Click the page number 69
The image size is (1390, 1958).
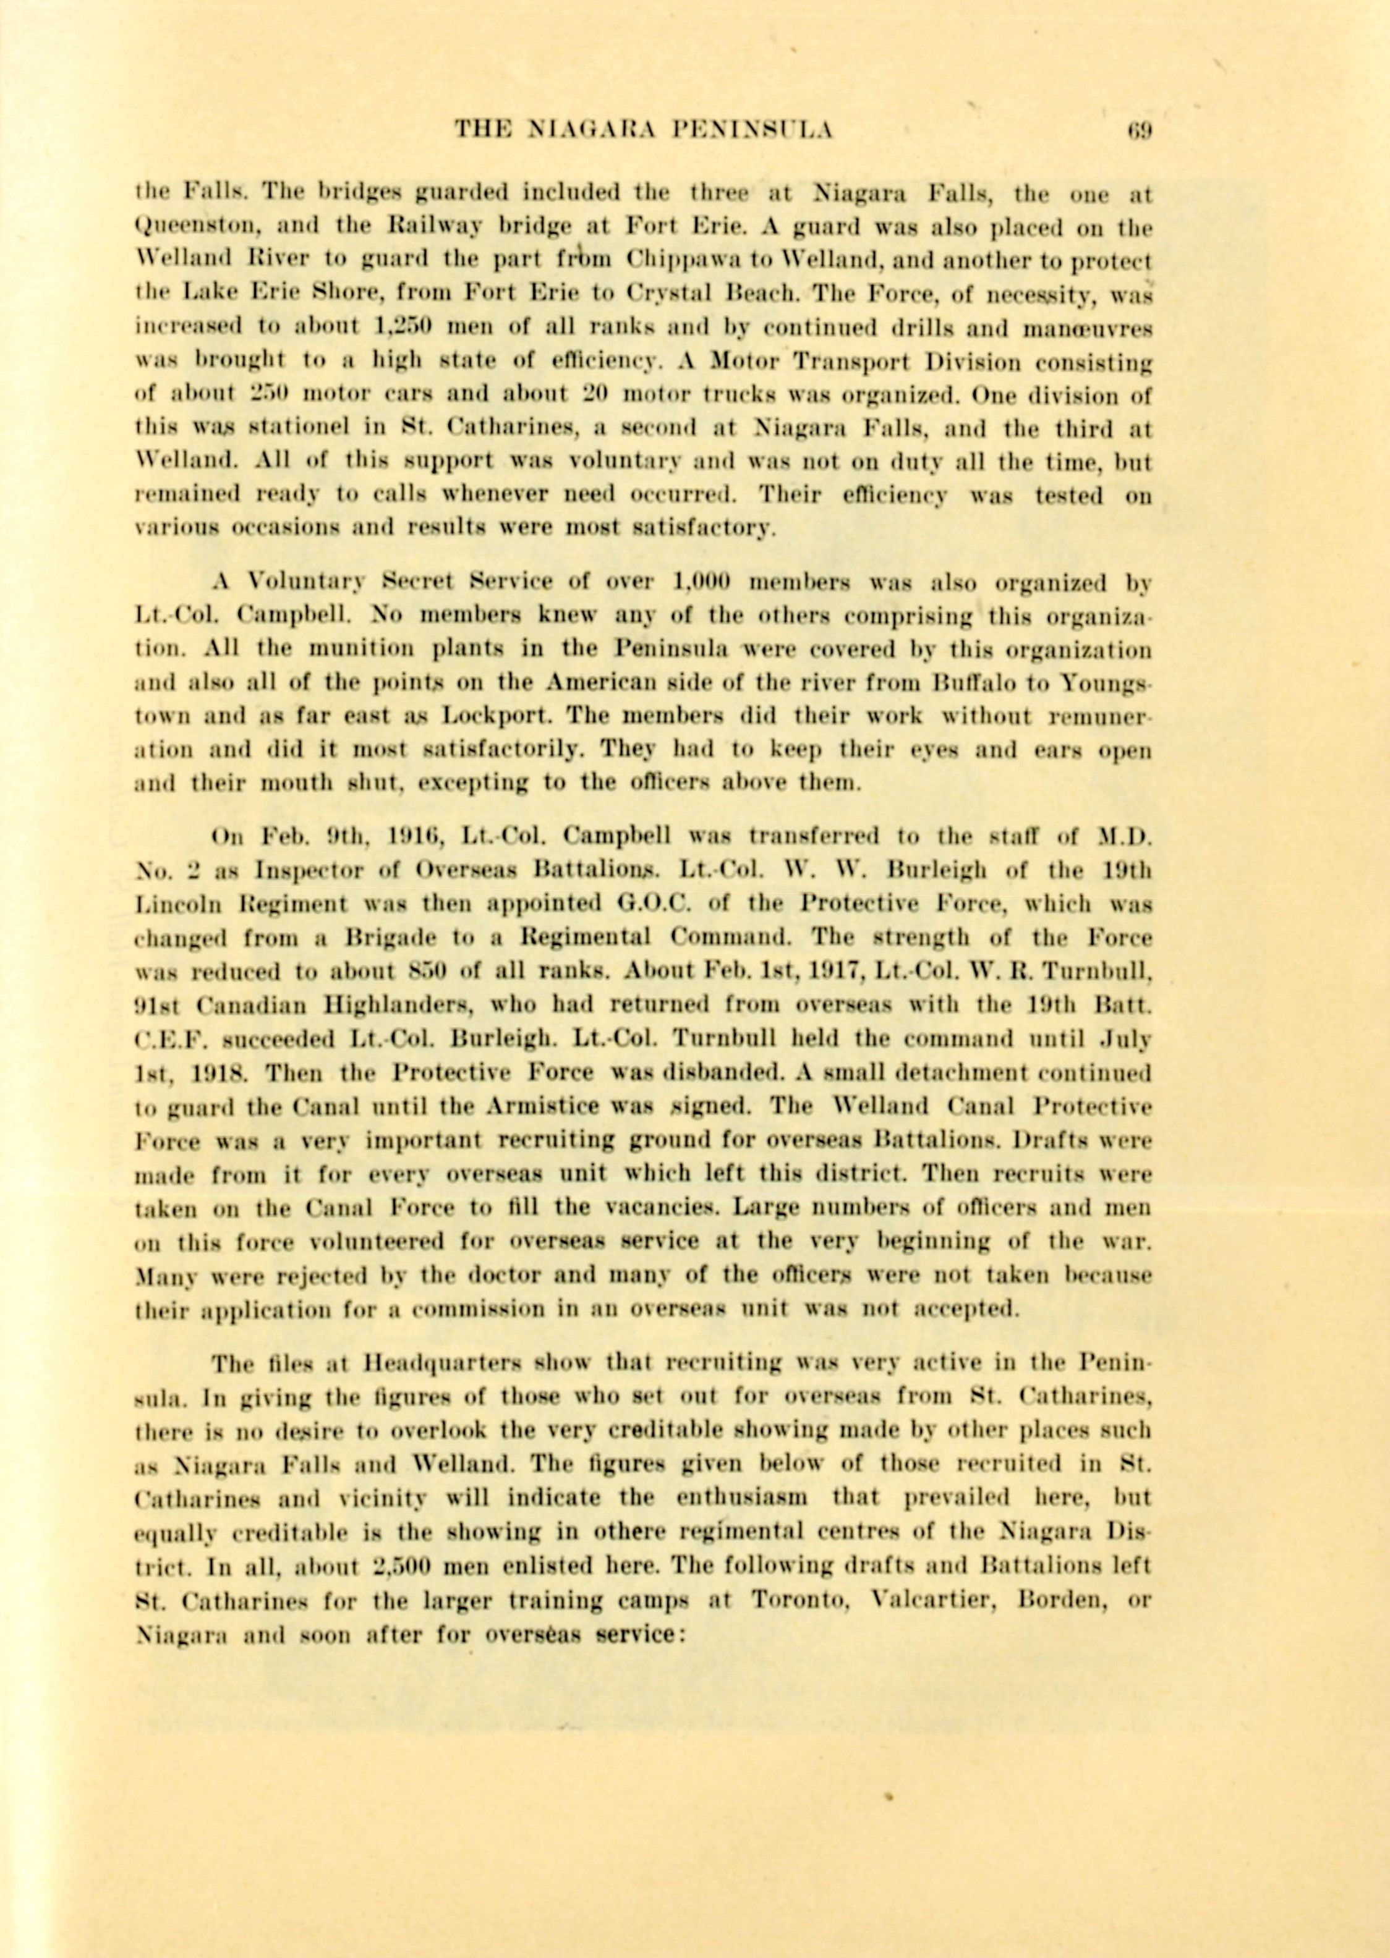click(1140, 130)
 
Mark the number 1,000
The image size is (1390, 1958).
click(700, 583)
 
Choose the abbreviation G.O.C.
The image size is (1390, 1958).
click(643, 904)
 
